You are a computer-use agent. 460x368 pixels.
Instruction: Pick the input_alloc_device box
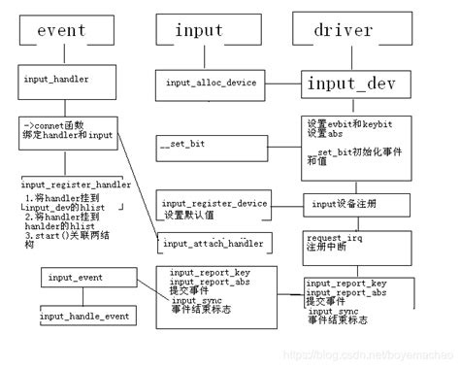(210, 83)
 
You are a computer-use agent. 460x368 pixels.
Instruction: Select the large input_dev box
(350, 83)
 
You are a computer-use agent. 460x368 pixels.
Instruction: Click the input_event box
(71, 279)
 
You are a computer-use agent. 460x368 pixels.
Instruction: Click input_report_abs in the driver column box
(347, 291)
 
